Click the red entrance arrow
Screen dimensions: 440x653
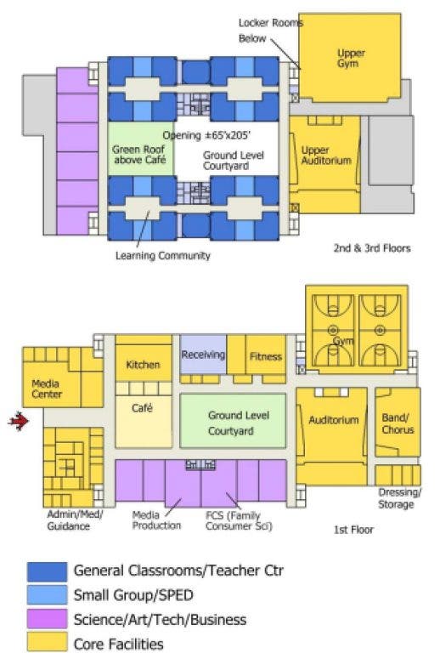(x=19, y=421)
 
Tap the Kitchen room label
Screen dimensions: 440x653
(x=143, y=365)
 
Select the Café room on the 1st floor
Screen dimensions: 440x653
(x=144, y=422)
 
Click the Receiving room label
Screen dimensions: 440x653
(x=203, y=355)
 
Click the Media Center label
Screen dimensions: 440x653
(x=47, y=389)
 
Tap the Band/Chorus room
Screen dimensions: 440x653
(x=398, y=423)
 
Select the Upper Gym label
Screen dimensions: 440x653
(x=351, y=59)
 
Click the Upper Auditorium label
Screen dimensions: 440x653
(x=326, y=156)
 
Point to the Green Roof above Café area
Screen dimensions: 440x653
(x=140, y=149)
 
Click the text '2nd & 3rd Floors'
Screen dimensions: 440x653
(x=372, y=248)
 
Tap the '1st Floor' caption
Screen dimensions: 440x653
(x=353, y=530)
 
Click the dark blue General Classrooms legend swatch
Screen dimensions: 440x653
(x=47, y=571)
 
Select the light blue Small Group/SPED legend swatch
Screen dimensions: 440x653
(x=47, y=594)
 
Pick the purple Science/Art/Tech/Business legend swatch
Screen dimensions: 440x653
(x=47, y=618)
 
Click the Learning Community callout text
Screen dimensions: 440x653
(x=163, y=256)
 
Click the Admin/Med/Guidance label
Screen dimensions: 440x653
(x=75, y=520)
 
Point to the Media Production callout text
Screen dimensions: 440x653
(x=156, y=520)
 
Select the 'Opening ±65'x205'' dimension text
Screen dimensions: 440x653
(x=206, y=135)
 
